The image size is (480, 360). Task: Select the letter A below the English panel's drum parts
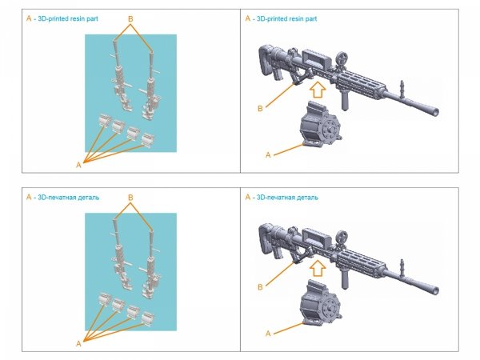(78, 163)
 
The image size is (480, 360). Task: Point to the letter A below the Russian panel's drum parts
(78, 342)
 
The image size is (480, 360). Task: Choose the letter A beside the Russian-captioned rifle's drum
(268, 330)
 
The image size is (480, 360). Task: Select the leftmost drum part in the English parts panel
(104, 120)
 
